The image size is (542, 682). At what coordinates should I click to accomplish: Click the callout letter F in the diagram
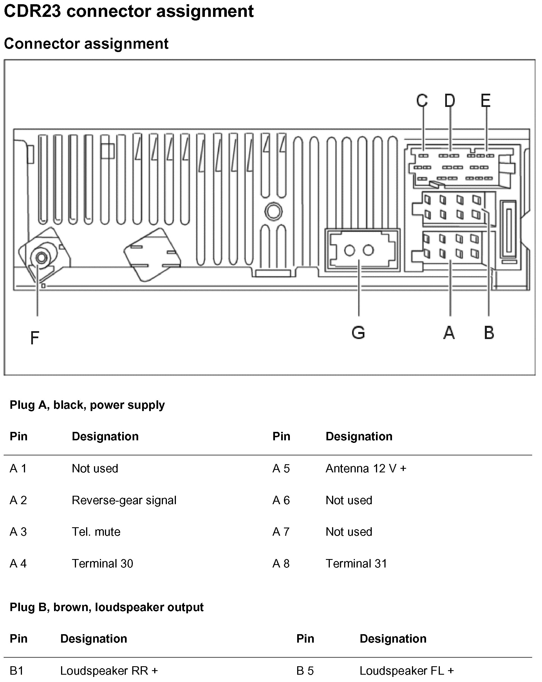(35, 338)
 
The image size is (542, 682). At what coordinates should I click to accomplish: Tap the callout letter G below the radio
(358, 333)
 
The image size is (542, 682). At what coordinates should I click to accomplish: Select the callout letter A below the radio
(449, 333)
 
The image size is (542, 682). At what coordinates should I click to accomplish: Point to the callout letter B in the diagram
(489, 333)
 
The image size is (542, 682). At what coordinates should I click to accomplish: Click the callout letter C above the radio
(422, 101)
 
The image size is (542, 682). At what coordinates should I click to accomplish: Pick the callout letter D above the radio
(450, 101)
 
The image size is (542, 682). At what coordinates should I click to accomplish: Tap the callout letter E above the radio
(486, 101)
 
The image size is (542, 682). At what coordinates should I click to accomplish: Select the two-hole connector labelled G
(359, 250)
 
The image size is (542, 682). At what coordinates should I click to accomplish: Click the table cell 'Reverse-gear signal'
(124, 500)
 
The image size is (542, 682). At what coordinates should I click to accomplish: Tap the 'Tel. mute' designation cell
(96, 532)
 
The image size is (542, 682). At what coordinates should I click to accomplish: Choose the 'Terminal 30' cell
(102, 563)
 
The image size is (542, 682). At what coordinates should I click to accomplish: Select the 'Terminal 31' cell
(356, 563)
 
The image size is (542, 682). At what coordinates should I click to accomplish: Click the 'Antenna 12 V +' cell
(366, 468)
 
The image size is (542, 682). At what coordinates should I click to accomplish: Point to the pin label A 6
(281, 500)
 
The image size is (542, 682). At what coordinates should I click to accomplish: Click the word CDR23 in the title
(33, 11)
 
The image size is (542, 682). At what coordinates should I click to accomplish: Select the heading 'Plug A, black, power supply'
(87, 405)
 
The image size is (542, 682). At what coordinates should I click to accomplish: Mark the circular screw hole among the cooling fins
(273, 212)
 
